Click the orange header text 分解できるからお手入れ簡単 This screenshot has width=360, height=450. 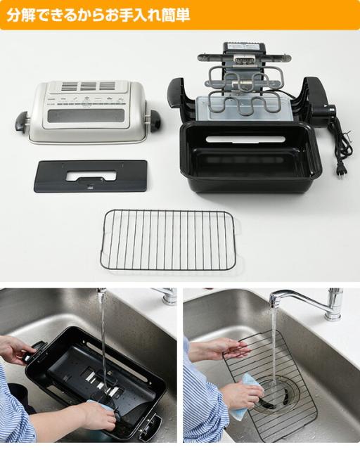98,15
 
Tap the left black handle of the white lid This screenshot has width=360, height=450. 22,121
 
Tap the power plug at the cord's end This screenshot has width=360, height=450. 342,168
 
